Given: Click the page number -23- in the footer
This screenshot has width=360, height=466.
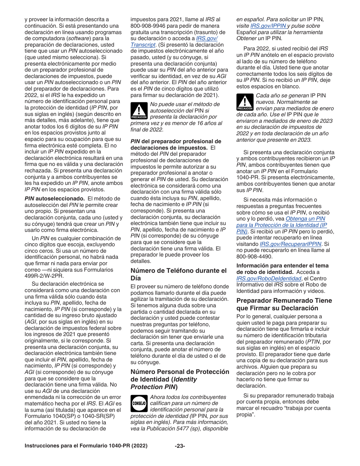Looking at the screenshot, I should (x=180, y=446).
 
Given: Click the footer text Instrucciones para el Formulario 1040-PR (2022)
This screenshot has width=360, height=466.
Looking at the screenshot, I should (x=85, y=446).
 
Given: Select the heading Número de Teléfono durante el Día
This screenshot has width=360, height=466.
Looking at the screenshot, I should (x=178, y=274).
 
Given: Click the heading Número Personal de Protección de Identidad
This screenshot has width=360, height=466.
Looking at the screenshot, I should (x=180, y=379).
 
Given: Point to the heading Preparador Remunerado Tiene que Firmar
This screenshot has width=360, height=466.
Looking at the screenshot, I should (x=284, y=304).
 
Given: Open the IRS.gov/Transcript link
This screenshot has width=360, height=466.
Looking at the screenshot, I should (x=207, y=42).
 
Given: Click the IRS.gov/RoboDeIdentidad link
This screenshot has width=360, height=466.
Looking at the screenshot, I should (x=269, y=278).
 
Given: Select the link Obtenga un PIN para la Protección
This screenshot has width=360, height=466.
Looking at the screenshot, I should (x=292, y=225).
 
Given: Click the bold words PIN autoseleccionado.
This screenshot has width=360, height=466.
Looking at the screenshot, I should (x=54, y=198).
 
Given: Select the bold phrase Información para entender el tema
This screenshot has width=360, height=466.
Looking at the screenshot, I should (x=282, y=266).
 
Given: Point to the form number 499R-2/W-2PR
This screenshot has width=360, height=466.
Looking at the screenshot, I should (x=44, y=276).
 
